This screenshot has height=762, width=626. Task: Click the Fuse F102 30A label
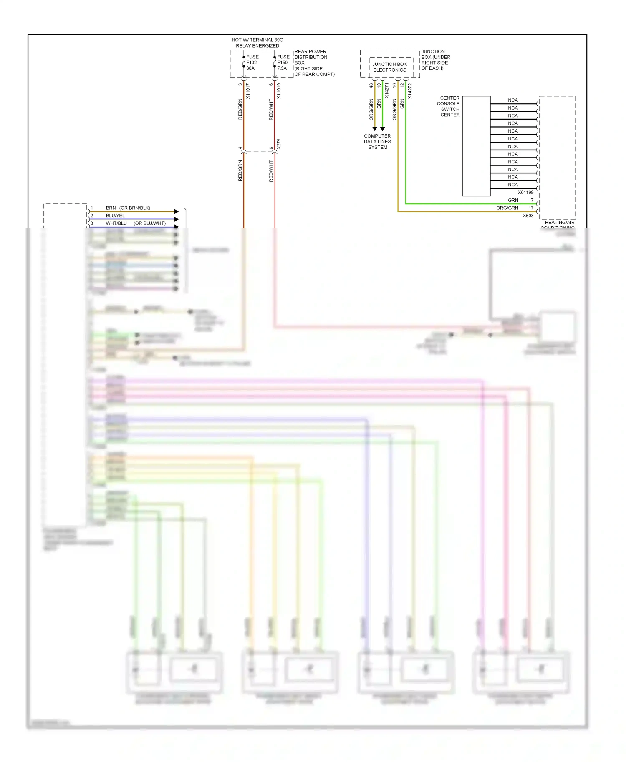[252, 63]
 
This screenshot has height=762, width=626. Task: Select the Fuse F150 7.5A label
[283, 63]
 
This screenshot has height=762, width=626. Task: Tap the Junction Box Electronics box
[390, 67]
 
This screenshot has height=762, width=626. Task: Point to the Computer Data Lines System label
[377, 142]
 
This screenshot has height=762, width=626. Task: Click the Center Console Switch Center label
[449, 106]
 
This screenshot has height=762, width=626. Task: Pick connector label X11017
[248, 91]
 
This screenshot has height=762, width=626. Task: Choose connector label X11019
[279, 91]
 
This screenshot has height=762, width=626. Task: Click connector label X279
[279, 144]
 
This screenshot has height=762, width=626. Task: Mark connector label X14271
[387, 91]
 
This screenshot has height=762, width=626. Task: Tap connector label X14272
[410, 91]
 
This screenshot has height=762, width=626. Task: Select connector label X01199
[525, 193]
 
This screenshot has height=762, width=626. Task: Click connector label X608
[528, 216]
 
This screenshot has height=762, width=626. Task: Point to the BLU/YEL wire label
[115, 216]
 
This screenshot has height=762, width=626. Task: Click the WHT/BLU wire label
[116, 223]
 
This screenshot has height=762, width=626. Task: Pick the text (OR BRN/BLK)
[135, 208]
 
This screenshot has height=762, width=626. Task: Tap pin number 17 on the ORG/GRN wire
[531, 208]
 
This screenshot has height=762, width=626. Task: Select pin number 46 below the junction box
[371, 85]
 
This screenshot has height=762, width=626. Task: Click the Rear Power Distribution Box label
[314, 63]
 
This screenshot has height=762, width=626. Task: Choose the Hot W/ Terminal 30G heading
[257, 43]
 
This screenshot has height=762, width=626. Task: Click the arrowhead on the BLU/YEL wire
[176, 219]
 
